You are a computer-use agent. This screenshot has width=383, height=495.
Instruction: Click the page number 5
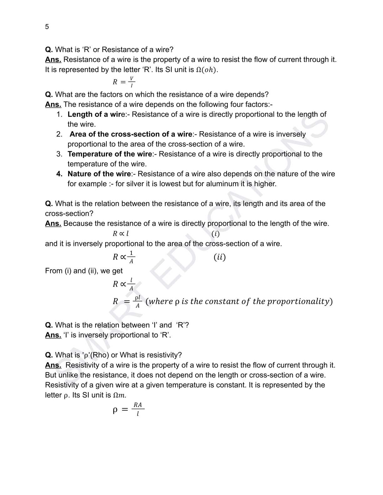point(47,27)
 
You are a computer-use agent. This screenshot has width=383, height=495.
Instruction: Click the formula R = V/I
point(124,82)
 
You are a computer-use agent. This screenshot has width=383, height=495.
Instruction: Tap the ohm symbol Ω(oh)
point(206,70)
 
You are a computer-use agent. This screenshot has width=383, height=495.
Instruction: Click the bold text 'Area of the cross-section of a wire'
point(131,134)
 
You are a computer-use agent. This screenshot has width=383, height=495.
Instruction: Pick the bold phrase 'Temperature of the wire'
point(110,154)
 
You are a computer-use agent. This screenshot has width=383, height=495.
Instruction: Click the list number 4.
point(59,174)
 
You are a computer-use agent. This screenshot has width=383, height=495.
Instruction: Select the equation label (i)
point(215,234)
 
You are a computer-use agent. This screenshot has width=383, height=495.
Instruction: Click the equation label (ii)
point(219,257)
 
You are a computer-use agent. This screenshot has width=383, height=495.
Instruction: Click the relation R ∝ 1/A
point(124,257)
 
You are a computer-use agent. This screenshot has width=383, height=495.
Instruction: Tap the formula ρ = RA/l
point(128,409)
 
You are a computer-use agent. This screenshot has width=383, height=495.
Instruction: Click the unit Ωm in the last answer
point(120,395)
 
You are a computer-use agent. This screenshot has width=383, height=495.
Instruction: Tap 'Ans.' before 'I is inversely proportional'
point(53,335)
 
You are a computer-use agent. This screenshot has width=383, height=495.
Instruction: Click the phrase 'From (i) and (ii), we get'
point(84,271)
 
